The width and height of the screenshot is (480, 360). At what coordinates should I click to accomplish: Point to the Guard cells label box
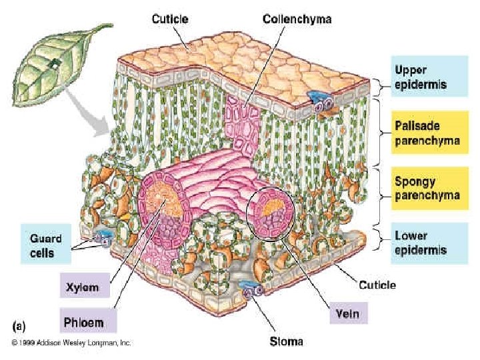pyautogui.click(x=46, y=245)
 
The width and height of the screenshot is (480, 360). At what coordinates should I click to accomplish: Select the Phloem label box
pyautogui.click(x=87, y=321)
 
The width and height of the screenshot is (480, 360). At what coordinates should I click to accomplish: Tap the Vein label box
pyautogui.click(x=348, y=313)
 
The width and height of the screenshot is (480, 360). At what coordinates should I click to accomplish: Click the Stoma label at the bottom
pyautogui.click(x=286, y=342)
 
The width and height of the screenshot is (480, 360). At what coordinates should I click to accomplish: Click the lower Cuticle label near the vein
pyautogui.click(x=377, y=285)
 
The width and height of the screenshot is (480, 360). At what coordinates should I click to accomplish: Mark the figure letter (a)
pyautogui.click(x=20, y=327)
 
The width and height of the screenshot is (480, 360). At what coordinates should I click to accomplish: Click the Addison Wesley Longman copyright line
pyautogui.click(x=71, y=343)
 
